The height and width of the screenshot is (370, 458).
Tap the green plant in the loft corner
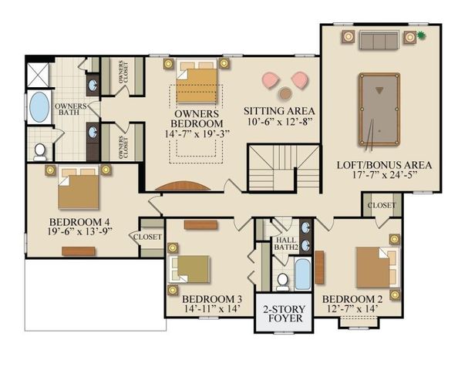pos(422,35)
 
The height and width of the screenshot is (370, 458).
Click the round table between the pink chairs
pos(285,92)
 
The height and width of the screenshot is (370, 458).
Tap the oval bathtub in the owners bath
pos(39,107)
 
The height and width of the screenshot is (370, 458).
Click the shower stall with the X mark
pos(38,74)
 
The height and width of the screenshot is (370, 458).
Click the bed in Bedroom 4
pos(78,190)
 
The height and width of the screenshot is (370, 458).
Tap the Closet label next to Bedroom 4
pos(148,237)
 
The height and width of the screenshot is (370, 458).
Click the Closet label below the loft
pos(382,206)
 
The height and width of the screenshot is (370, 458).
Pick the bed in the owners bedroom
pos(197,86)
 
